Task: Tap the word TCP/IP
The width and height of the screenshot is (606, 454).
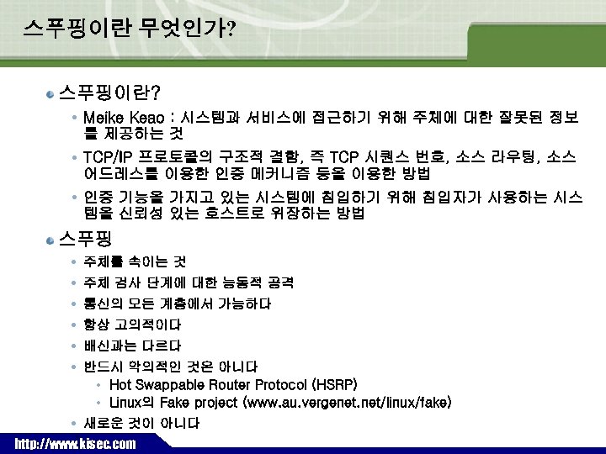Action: [108, 157]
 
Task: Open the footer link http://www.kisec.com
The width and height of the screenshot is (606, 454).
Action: [75, 443]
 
